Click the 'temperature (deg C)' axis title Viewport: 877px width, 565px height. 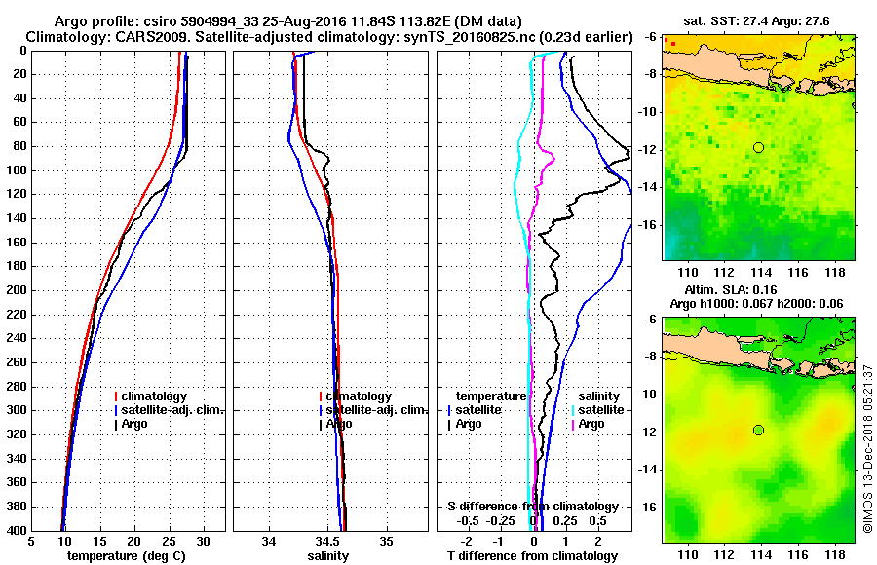[x=126, y=556]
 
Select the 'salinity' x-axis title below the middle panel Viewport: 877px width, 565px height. [x=327, y=556]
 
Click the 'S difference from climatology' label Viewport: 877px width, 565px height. [x=532, y=507]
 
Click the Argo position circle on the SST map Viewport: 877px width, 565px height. [x=758, y=147]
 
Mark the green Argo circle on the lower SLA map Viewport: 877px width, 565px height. [x=758, y=430]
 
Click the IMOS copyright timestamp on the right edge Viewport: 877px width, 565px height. [x=868, y=448]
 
